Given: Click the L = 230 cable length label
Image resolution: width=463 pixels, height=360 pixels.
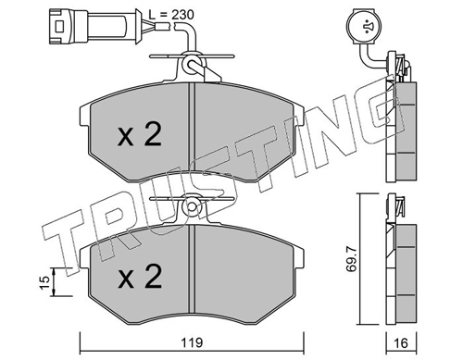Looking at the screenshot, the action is (x=171, y=15).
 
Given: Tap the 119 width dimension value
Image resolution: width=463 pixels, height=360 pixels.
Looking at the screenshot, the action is (x=192, y=342).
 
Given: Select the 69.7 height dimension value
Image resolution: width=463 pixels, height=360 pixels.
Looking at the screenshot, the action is (x=351, y=259).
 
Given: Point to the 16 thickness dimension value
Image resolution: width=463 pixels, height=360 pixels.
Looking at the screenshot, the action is (x=401, y=342).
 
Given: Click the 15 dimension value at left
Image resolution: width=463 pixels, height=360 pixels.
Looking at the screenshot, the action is (x=44, y=282).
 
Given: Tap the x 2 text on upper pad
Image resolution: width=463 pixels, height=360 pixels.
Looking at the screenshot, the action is (x=140, y=134).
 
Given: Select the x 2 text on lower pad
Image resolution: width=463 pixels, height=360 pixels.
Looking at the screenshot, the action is (x=140, y=277).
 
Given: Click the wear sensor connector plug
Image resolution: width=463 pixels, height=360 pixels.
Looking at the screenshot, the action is (x=95, y=26).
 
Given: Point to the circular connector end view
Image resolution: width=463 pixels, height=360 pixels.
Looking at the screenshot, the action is (x=364, y=27).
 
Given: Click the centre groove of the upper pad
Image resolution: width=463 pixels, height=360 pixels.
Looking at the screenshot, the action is (x=192, y=132).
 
